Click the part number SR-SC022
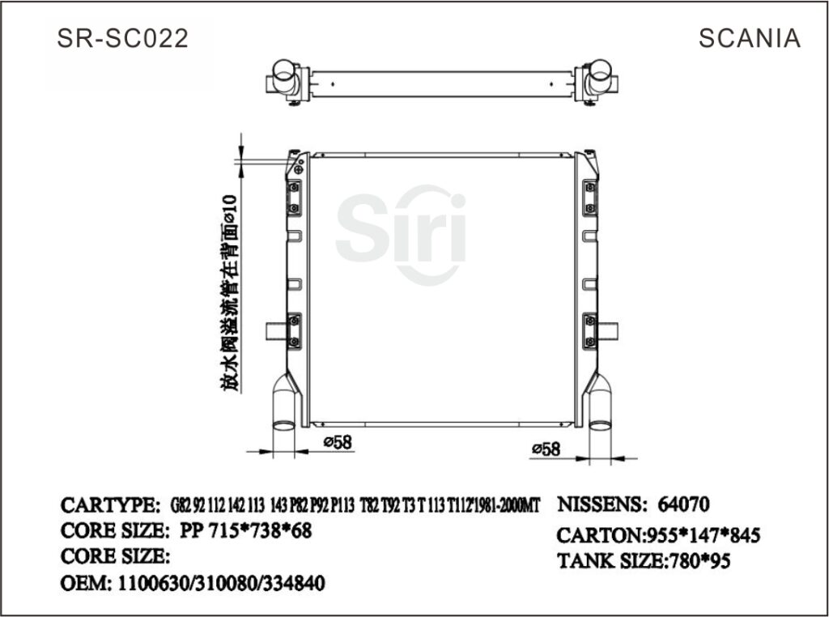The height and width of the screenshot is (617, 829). point(123,38)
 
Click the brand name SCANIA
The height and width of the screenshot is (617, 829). point(749,38)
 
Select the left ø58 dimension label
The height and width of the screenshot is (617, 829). point(337,442)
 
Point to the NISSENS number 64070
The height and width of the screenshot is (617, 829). point(684,505)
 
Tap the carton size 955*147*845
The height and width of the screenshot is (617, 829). point(701,535)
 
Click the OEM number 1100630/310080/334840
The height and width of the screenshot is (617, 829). point(222,583)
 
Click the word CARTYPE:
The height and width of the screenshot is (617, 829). point(110,505)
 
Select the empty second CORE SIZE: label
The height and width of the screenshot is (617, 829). point(115,557)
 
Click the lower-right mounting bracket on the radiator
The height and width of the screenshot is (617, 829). point(589,330)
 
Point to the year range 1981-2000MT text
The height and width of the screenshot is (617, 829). point(511,506)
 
